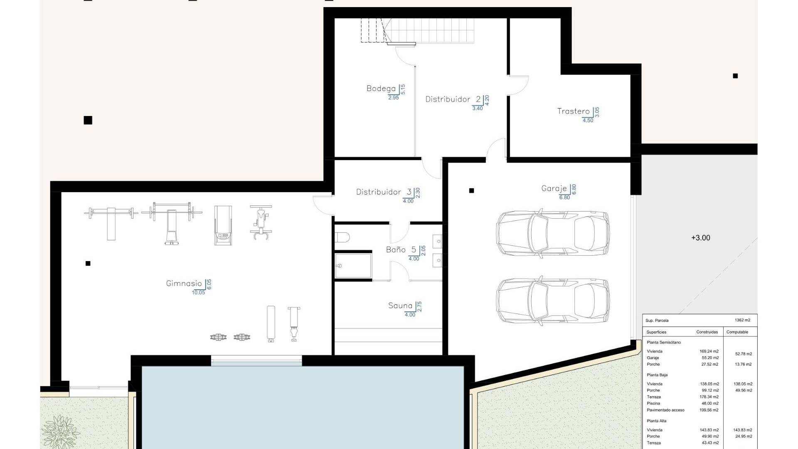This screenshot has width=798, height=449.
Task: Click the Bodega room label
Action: [381, 89]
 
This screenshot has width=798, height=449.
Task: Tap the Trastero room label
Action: [573, 111]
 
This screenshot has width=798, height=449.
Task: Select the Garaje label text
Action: [554, 188]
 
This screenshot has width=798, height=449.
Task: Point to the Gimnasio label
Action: [184, 284]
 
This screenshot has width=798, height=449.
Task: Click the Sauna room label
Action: [400, 306]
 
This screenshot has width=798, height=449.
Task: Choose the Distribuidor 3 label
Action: [384, 192]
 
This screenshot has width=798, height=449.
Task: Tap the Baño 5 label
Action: [401, 250]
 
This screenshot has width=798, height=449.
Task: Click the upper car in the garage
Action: [553, 234]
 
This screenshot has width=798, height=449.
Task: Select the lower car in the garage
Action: [553, 301]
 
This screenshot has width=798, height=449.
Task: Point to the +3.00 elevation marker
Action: [701, 238]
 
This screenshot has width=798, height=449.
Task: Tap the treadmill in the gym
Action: [222, 225]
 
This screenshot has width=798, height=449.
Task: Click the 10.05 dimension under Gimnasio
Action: [198, 293]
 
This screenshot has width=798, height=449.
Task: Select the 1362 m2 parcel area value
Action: [742, 320]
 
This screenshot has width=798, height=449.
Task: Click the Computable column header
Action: [737, 332]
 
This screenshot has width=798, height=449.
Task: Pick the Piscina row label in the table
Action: [653, 403]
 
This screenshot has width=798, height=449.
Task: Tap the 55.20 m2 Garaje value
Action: [709, 358]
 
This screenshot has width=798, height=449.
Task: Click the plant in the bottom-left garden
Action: [61, 431]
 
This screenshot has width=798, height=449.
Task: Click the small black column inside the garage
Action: [471, 191]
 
